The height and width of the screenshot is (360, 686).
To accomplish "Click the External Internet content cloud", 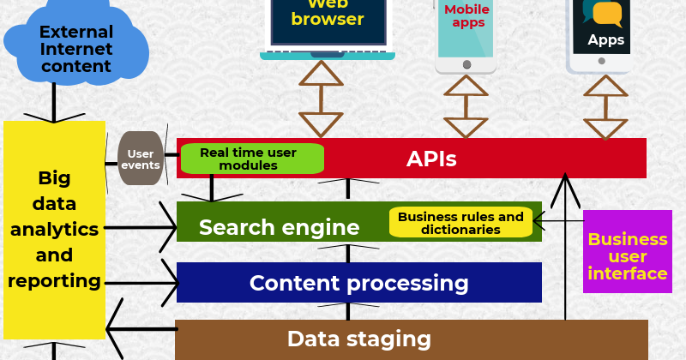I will click(x=75, y=48).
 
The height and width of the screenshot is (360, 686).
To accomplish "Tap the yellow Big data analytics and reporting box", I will click(x=54, y=229).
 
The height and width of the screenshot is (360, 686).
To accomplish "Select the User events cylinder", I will click(x=141, y=159).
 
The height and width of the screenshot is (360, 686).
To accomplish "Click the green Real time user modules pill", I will click(x=251, y=159).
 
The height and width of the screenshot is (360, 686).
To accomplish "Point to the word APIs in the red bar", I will click(x=431, y=159).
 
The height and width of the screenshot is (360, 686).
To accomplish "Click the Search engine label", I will click(x=279, y=227).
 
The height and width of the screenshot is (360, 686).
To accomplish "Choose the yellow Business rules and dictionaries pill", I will click(x=460, y=223).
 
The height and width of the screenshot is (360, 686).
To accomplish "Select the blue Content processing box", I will click(x=358, y=283).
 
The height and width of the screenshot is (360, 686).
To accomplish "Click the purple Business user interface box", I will click(x=627, y=255).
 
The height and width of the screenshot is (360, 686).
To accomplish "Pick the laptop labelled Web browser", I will click(x=328, y=26).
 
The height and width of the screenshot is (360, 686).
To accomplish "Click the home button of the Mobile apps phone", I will click(x=466, y=64).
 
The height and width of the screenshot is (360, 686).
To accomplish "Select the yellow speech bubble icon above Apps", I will click(x=607, y=13).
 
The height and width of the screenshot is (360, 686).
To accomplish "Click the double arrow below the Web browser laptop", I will click(x=321, y=99).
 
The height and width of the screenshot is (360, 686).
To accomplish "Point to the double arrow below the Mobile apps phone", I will click(x=466, y=107).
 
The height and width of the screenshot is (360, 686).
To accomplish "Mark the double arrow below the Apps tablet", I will click(x=606, y=107).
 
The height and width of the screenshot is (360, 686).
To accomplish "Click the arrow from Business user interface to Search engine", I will click(x=557, y=221).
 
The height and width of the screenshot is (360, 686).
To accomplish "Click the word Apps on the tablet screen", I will click(x=605, y=39).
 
